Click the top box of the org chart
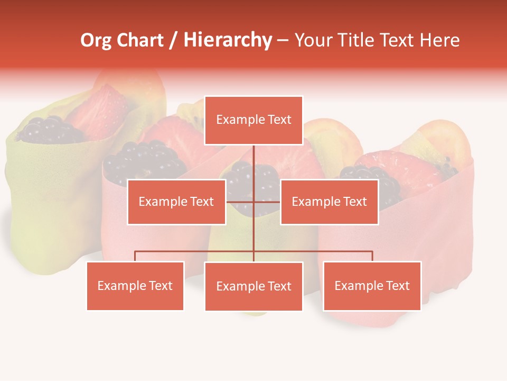(253, 120)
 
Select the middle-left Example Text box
(176, 202)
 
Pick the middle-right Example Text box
(329, 202)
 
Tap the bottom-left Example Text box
(135, 286)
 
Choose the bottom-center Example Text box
(253, 286)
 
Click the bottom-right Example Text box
(372, 286)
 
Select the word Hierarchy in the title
(228, 40)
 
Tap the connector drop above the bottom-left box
(135, 256)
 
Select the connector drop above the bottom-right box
(372, 256)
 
